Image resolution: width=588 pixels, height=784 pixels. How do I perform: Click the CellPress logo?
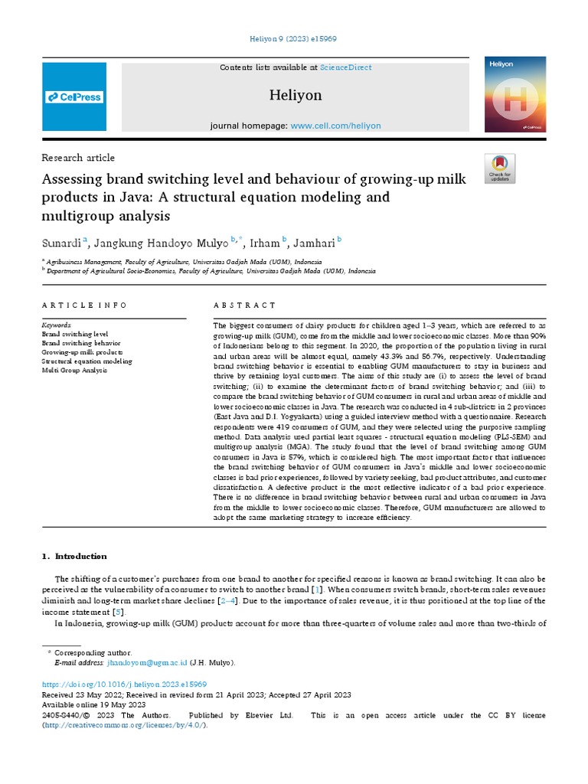pyautogui.click(x=74, y=97)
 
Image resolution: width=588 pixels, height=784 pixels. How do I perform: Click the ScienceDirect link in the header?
pyautogui.click(x=346, y=67)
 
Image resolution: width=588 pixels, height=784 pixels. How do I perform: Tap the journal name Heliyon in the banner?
pyautogui.click(x=296, y=96)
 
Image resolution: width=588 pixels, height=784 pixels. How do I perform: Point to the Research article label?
pyautogui.click(x=77, y=158)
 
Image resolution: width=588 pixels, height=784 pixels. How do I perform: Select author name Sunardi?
pyautogui.click(x=62, y=243)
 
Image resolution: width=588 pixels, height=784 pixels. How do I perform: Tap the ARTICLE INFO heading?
pyautogui.click(x=85, y=305)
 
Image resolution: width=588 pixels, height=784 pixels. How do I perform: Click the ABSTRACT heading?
pyautogui.click(x=245, y=305)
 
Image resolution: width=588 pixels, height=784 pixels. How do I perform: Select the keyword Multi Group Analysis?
pyautogui.click(x=74, y=370)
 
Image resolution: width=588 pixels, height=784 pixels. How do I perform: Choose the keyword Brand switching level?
pyautogui.click(x=75, y=335)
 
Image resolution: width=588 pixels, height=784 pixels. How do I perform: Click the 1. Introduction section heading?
pyautogui.click(x=74, y=556)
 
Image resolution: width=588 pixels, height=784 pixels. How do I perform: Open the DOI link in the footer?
pyautogui.click(x=123, y=684)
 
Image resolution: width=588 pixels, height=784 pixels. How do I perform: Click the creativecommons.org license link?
pyautogui.click(x=124, y=725)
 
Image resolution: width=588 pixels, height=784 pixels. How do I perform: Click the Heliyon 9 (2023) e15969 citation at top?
pyautogui.click(x=294, y=39)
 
